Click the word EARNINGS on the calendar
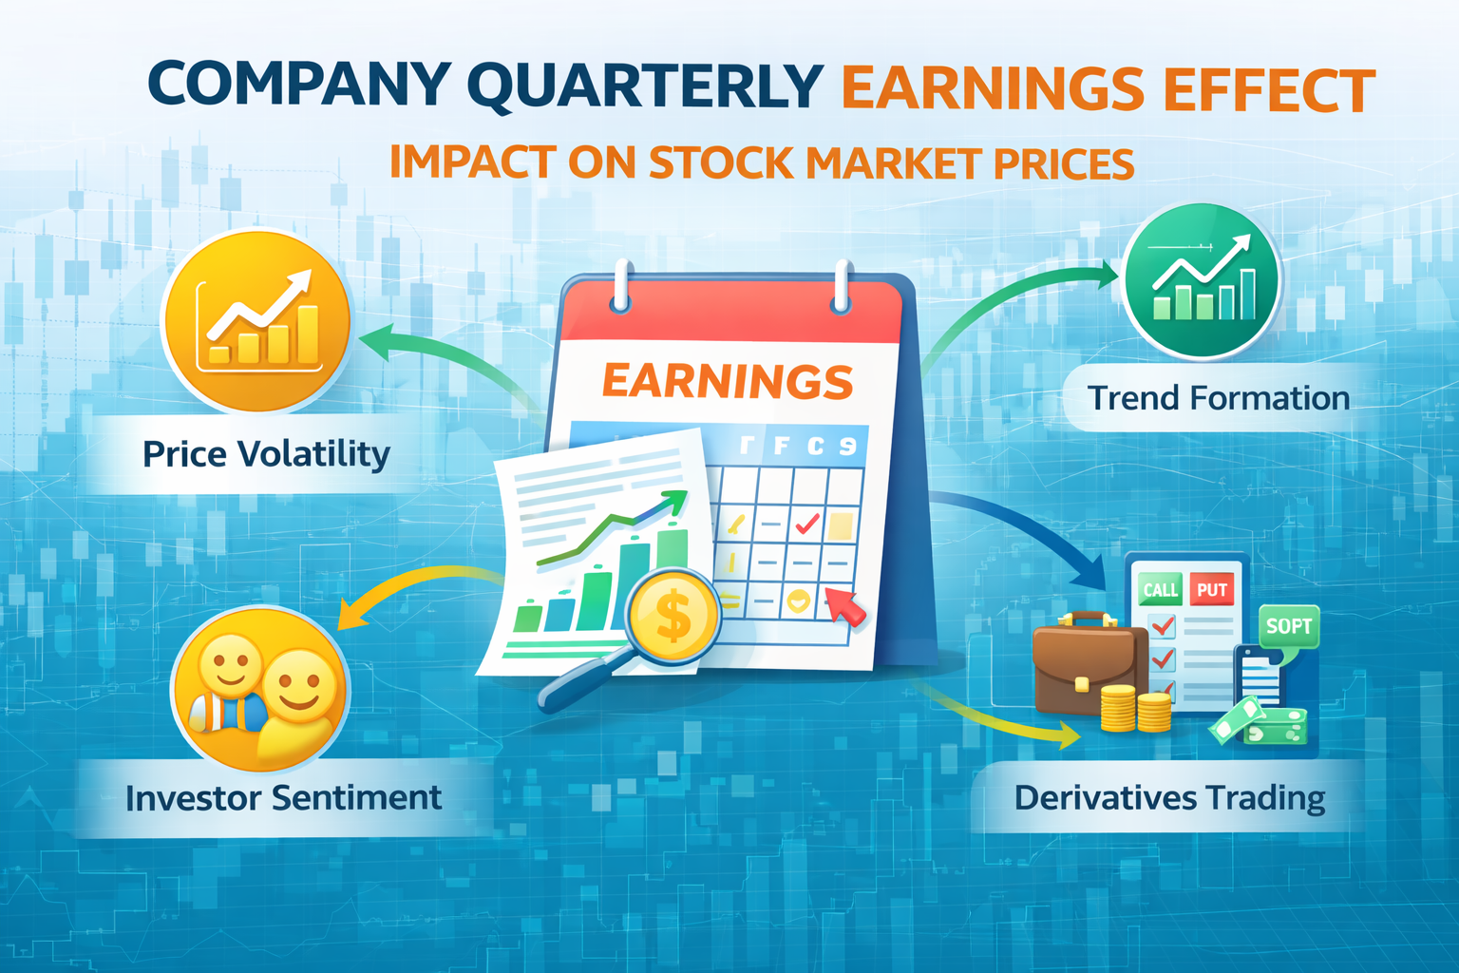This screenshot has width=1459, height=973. (728, 381)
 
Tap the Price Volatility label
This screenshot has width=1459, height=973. (266, 454)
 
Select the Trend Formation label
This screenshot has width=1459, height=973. (1218, 398)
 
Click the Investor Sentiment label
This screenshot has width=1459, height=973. (283, 798)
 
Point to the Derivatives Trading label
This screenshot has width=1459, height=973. (1169, 798)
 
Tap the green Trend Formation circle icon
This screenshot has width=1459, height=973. (1202, 280)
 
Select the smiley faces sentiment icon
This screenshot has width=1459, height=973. (260, 689)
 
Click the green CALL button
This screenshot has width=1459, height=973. (1160, 590)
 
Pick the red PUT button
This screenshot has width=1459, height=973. (1212, 590)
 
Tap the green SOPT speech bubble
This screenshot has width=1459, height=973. (1289, 627)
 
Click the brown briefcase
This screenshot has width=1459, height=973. (1084, 665)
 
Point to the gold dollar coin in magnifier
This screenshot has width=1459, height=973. (673, 616)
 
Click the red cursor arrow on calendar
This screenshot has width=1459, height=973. (845, 606)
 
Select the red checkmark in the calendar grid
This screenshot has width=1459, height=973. (807, 523)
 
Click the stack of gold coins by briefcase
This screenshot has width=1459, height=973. (1135, 709)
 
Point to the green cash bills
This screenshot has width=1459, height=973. (1260, 722)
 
